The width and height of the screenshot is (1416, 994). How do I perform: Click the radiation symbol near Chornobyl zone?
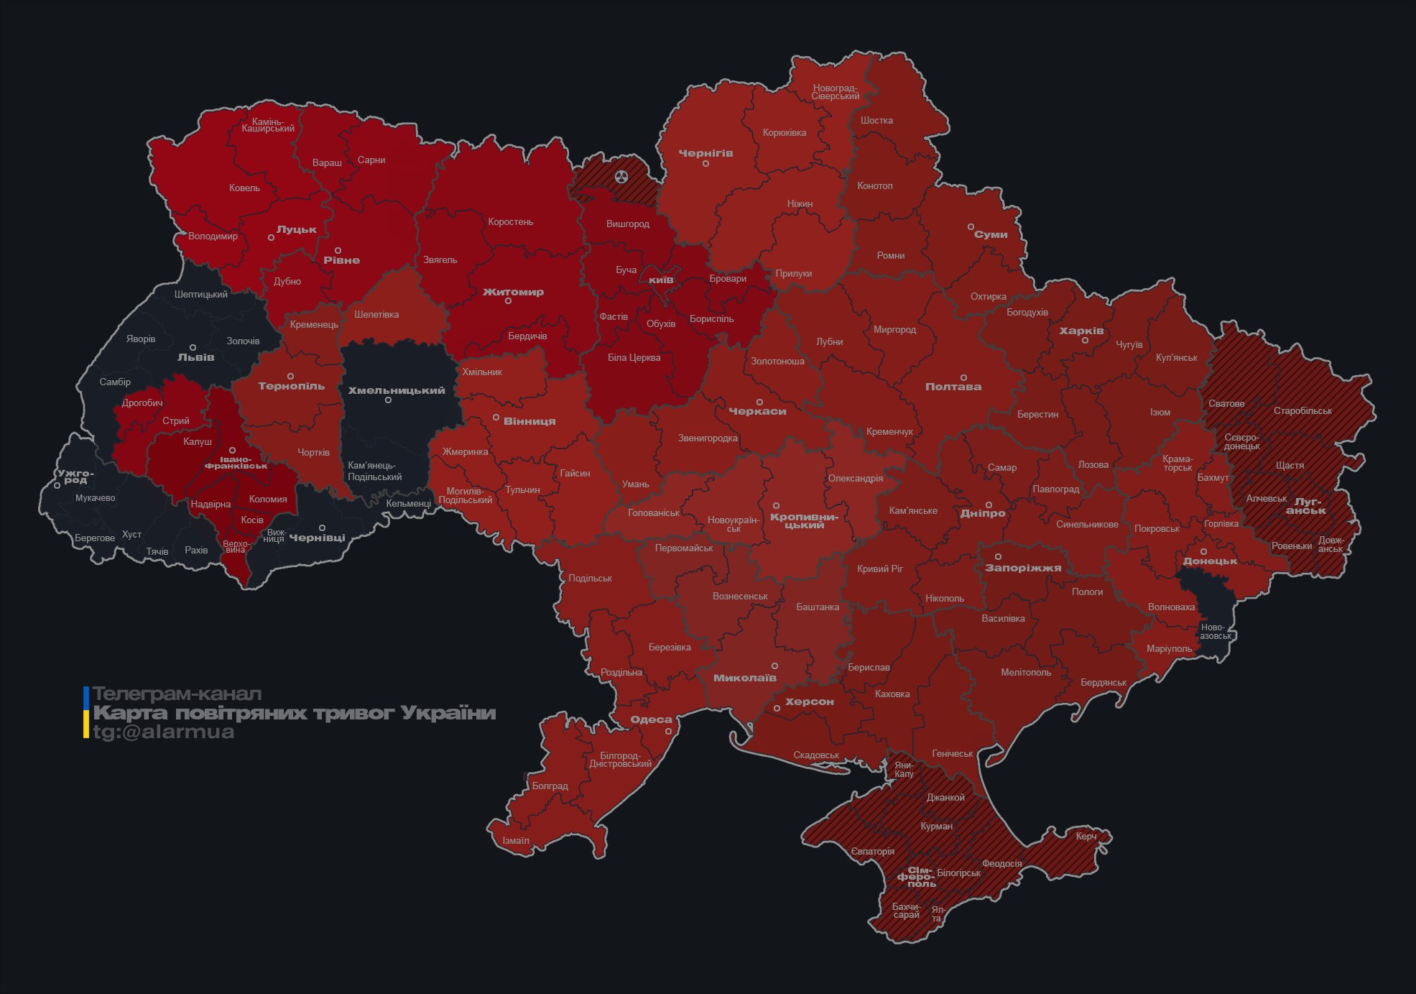621,176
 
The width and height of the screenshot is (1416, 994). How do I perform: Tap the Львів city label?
195,357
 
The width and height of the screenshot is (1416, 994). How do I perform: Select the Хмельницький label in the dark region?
397,390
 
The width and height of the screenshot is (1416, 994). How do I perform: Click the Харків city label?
1081,331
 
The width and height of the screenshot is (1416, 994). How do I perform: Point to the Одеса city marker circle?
668,731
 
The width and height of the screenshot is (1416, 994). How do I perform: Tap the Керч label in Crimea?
1086,836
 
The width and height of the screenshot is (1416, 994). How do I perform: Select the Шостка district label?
876,120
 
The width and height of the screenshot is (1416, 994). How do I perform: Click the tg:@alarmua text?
163,732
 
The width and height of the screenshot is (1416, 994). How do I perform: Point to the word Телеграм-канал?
177,694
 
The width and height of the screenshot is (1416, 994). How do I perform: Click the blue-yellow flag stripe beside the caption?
86,712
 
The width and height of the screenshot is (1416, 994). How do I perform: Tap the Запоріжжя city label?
1022,568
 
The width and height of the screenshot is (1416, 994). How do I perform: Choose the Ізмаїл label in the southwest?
515,840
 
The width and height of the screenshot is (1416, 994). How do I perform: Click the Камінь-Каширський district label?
268,125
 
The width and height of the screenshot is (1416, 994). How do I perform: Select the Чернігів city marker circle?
705,164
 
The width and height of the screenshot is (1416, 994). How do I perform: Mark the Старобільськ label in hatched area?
1302,410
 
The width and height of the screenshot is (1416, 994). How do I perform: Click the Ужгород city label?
75,476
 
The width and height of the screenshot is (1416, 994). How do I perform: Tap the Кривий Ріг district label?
879,569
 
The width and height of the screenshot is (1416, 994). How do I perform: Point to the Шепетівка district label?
376,314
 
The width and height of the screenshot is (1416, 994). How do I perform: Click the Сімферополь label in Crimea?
917,877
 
